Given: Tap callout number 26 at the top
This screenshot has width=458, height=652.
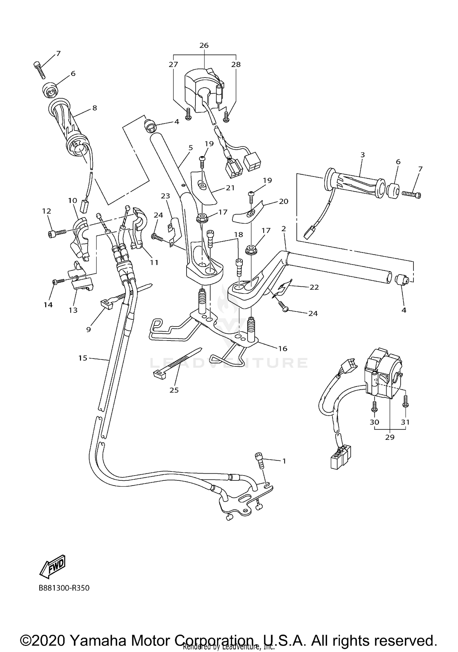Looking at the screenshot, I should (204, 46).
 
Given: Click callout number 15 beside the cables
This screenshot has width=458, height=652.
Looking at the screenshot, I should (83, 358).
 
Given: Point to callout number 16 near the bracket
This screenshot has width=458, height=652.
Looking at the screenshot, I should (283, 348).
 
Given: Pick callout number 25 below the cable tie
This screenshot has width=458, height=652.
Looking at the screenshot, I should (174, 390).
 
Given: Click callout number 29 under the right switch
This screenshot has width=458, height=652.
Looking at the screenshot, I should (390, 437).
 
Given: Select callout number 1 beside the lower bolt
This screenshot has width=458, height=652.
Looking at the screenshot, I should (284, 461).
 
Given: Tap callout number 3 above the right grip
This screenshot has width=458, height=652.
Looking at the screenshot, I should (362, 155).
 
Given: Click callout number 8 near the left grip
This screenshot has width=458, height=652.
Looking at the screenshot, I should (95, 108).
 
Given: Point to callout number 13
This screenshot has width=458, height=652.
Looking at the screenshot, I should (73, 310).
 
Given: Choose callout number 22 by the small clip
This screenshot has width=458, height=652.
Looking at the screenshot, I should (314, 287).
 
